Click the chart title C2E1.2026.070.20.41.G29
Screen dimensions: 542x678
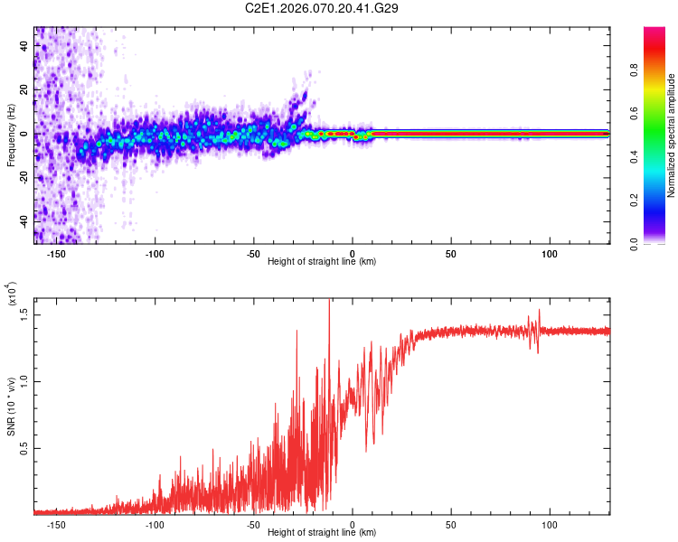323,8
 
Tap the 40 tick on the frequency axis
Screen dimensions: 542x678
24,48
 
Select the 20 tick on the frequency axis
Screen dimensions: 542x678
24,90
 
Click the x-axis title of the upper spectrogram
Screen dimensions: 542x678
322,262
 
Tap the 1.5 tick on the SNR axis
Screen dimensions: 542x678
24,313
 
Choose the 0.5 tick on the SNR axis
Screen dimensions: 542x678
24,447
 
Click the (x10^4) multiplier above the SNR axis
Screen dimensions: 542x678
11,294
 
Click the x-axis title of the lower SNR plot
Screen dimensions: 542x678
322,533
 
